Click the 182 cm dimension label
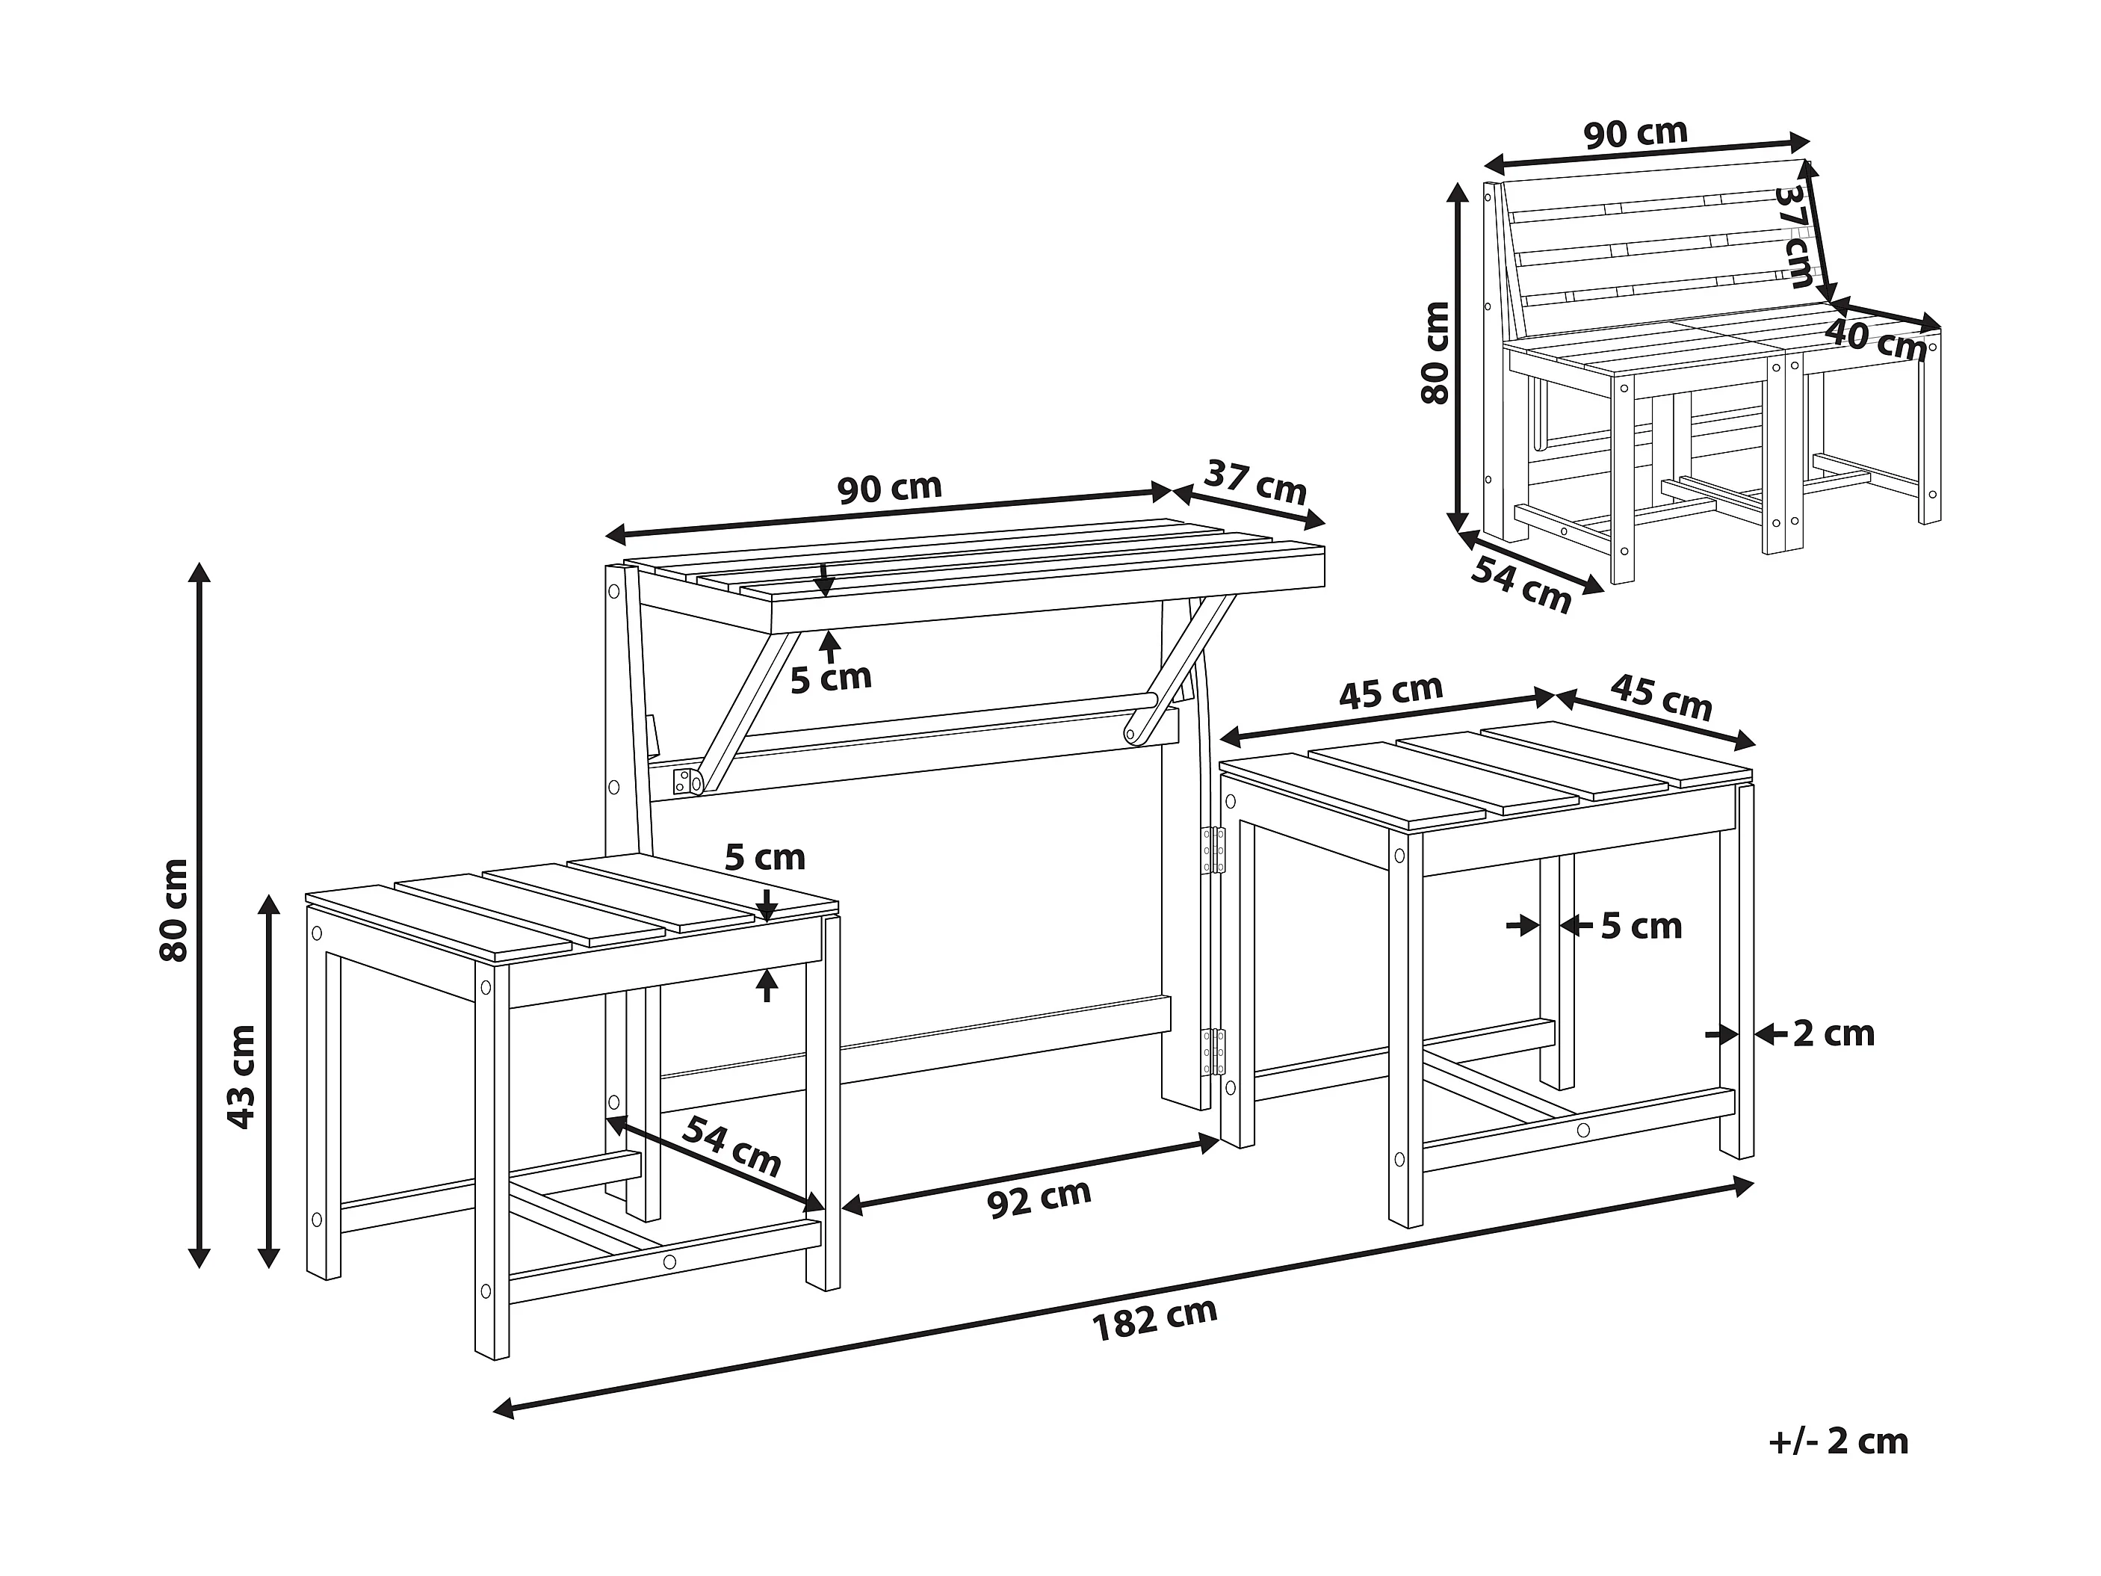pyautogui.click(x=1155, y=1320)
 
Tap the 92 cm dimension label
pyautogui.click(x=1039, y=1198)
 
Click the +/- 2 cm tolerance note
pyautogui.click(x=1839, y=1441)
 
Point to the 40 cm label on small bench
pyautogui.click(x=1875, y=339)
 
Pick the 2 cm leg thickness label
pyautogui.click(x=1834, y=1033)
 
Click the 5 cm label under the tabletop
pyautogui.click(x=831, y=676)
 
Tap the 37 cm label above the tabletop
pyautogui.click(x=1256, y=483)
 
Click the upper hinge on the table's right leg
pyautogui.click(x=1214, y=849)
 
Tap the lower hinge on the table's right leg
pyautogui.click(x=1214, y=1051)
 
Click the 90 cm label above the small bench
pyautogui.click(x=1636, y=134)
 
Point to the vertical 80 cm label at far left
pyautogui.click(x=175, y=909)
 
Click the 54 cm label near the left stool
pyautogui.click(x=731, y=1146)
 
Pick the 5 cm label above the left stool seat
pyautogui.click(x=764, y=857)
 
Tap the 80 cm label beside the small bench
pyautogui.click(x=1435, y=353)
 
